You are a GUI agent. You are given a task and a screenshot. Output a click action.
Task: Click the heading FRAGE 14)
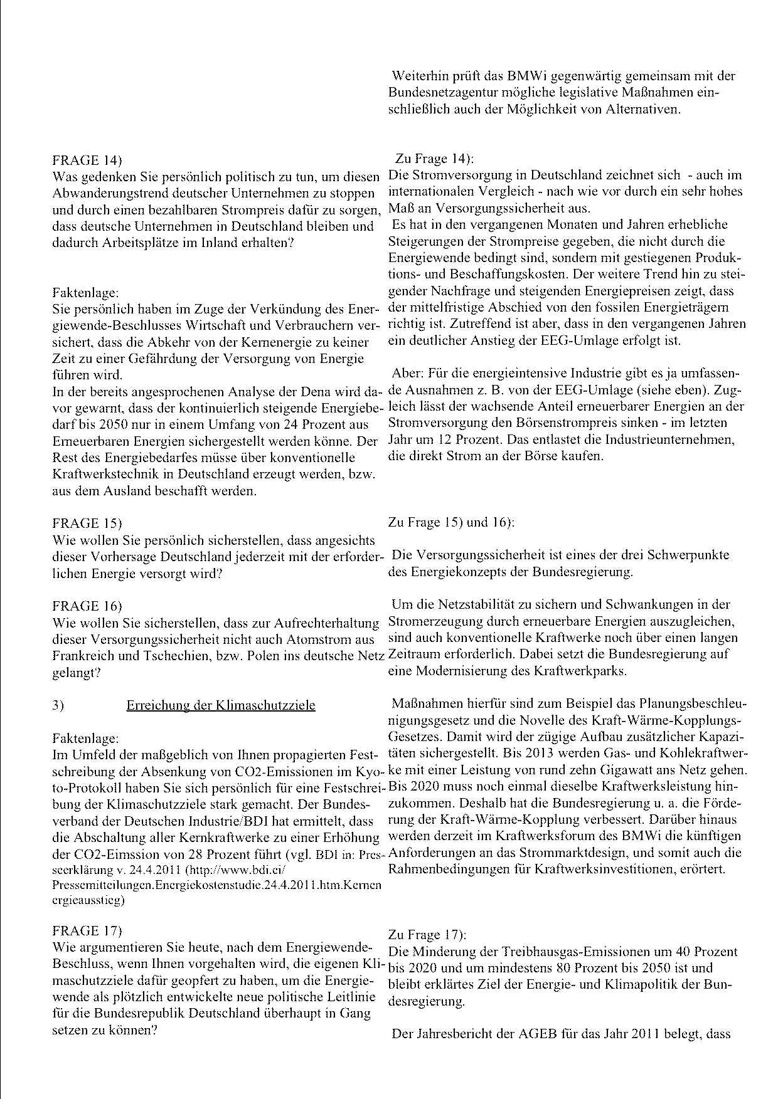[87, 160]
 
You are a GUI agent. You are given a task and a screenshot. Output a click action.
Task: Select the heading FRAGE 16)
[87, 606]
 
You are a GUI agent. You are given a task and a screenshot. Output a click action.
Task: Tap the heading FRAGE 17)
[87, 930]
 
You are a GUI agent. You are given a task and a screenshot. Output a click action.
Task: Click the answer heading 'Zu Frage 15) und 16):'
[452, 522]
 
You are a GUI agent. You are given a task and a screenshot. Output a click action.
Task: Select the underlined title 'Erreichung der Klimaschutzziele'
[221, 705]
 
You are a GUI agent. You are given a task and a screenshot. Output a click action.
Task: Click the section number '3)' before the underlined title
[58, 705]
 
